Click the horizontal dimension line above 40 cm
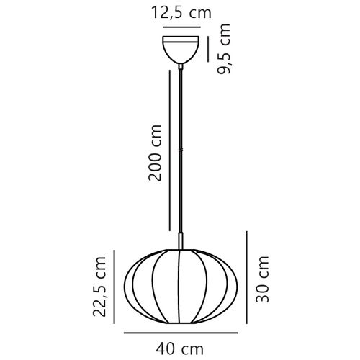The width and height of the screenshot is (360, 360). click(179, 333)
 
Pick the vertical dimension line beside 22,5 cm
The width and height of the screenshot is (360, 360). click(114, 286)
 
